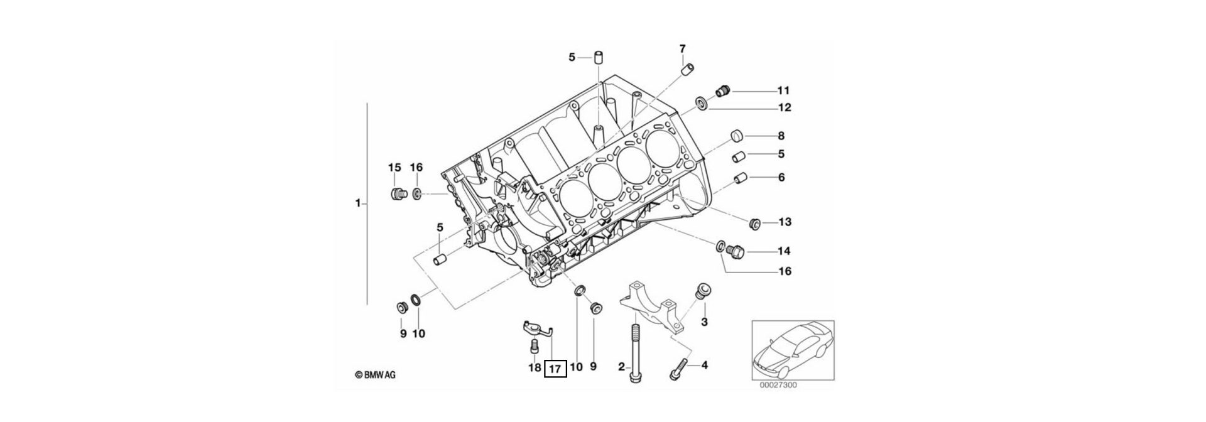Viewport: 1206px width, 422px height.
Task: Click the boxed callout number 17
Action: [x=555, y=369]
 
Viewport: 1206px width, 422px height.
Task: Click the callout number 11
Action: [x=783, y=90]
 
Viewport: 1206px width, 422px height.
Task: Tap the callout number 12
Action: [x=783, y=108]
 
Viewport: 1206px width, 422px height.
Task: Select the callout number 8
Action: [x=781, y=136]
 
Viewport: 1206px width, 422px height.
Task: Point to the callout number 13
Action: [x=785, y=222]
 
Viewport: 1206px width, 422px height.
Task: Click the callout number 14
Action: [x=783, y=252]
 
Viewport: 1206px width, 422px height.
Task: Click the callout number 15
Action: [x=394, y=168]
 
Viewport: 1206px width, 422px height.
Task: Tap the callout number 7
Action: [x=682, y=48]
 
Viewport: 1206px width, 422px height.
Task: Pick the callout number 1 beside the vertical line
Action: [x=357, y=203]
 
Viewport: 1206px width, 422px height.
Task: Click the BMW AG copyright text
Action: [x=376, y=376]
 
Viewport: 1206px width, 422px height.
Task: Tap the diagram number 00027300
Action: [x=778, y=385]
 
